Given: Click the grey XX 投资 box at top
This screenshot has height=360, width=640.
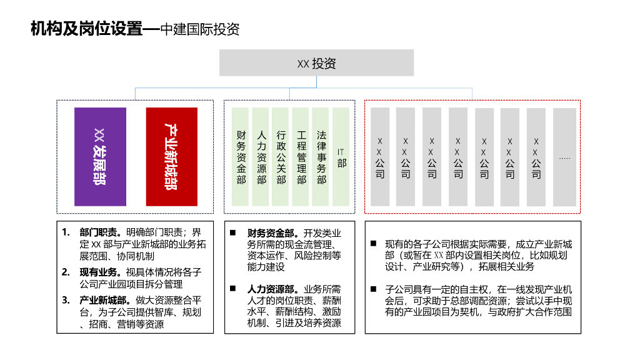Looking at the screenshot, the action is (x=316, y=63).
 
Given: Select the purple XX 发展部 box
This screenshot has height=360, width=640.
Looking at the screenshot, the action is (x=100, y=157).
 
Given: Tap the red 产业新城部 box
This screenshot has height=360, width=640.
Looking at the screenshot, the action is (x=171, y=157).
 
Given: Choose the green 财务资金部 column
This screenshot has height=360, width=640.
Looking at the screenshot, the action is (x=241, y=157).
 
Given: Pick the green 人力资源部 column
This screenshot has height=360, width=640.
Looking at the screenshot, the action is (x=261, y=157).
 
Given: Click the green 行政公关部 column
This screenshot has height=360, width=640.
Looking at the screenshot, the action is (x=281, y=157).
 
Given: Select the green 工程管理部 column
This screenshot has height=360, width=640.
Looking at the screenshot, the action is (x=301, y=157).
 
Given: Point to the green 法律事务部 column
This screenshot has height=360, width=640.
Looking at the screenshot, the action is (x=321, y=157).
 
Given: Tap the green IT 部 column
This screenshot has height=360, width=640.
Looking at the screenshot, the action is (x=341, y=157).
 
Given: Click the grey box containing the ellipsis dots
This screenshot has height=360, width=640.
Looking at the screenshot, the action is (x=564, y=157).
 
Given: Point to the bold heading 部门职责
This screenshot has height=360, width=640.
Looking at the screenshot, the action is (x=97, y=232).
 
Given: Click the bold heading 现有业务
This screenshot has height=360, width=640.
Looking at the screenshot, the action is (x=97, y=272).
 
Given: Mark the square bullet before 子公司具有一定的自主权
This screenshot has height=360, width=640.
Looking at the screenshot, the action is (x=373, y=289).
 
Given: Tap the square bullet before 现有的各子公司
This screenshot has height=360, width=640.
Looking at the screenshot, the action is (x=373, y=243).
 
